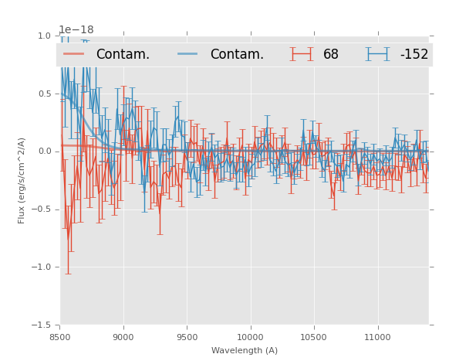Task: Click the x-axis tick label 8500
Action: [x=60, y=337]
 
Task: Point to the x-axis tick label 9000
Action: [x=123, y=337]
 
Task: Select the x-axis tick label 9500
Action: [x=187, y=337]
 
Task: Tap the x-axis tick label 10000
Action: [x=250, y=337]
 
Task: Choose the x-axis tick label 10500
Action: [x=313, y=337]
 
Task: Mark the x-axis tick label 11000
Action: [x=377, y=337]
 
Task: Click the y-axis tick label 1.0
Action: [x=44, y=36]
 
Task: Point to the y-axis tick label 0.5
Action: [x=44, y=94]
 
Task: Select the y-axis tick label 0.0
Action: [x=44, y=152]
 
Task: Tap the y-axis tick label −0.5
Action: [x=42, y=209]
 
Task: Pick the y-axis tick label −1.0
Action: [x=42, y=267]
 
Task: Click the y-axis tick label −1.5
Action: [x=42, y=325]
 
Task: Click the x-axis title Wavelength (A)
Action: [x=245, y=351]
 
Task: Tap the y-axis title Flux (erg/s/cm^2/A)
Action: [x=22, y=180]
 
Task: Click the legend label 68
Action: [x=331, y=55]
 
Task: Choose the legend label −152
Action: [x=414, y=55]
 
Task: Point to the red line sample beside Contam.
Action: [x=74, y=54]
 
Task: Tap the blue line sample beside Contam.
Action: [x=188, y=54]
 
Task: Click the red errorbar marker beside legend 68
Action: [x=302, y=54]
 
